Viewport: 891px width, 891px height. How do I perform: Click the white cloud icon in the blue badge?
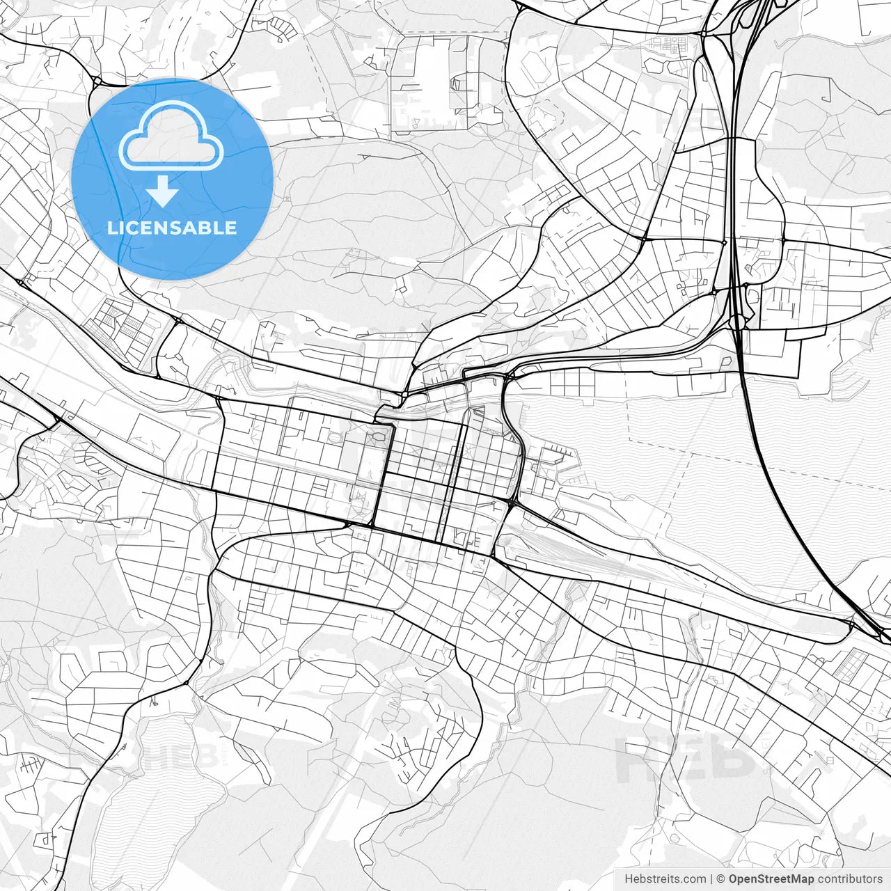(x=171, y=136)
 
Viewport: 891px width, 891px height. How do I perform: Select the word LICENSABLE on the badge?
(x=172, y=228)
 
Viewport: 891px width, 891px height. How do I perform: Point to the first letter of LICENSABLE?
(x=111, y=228)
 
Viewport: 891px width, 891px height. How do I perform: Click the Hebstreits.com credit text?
(x=665, y=879)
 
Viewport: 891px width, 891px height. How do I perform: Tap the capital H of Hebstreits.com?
(x=629, y=879)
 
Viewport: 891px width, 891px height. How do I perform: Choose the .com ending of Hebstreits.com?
(x=692, y=879)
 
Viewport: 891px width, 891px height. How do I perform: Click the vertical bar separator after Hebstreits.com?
(x=711, y=879)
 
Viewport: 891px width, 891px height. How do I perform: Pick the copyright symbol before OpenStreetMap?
(x=721, y=879)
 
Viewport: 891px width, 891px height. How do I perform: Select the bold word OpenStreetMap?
(x=771, y=879)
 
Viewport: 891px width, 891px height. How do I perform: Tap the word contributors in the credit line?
(x=850, y=879)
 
